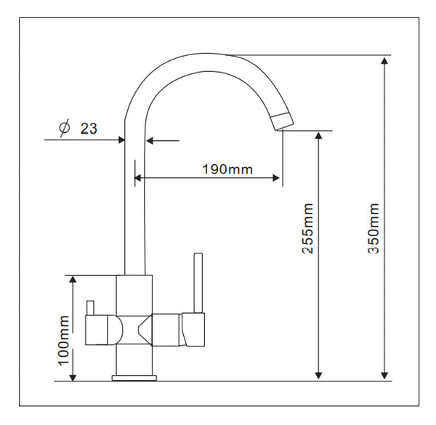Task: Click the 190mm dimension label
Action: [x=227, y=169]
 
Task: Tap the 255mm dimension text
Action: [x=307, y=228]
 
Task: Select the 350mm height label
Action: [x=374, y=228]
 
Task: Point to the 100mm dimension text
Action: [x=63, y=341]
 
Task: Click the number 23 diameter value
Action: [x=89, y=129]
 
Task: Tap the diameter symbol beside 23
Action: [x=64, y=128]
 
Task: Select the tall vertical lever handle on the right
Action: [x=198, y=283]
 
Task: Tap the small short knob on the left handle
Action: [x=91, y=308]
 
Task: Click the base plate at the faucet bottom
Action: [x=134, y=378]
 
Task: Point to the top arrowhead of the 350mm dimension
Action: [x=384, y=61]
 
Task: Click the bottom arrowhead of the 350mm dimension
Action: [x=384, y=376]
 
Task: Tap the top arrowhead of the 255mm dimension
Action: [x=319, y=136]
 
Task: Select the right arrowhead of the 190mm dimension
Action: [x=276, y=178]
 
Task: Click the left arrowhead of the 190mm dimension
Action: [x=138, y=178]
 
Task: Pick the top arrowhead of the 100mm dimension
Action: [x=73, y=280]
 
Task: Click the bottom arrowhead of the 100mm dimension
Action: [x=73, y=377]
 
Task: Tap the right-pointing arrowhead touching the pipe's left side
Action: [x=121, y=139]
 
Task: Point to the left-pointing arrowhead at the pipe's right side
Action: [x=150, y=141]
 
